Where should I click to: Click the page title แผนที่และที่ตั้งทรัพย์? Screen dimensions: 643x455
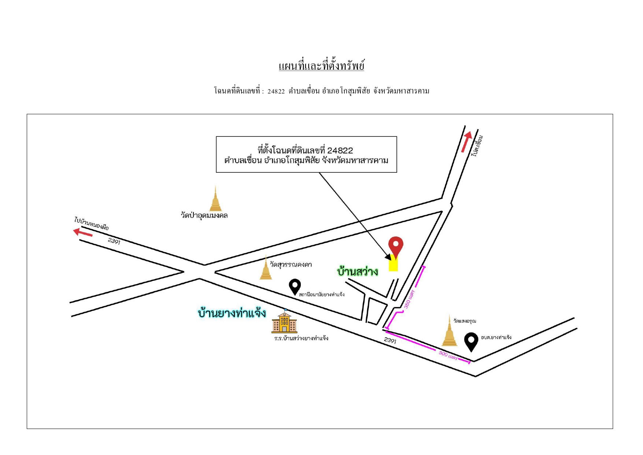point(321,66)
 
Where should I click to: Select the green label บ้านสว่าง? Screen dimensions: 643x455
point(358,272)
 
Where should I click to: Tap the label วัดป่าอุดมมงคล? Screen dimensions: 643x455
point(204,215)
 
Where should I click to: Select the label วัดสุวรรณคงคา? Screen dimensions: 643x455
point(291,264)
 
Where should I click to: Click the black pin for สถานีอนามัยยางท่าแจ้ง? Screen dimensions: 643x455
point(295,287)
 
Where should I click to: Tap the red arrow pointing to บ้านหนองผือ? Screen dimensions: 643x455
point(83,232)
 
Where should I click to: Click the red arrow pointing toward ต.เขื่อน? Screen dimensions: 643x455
point(466,142)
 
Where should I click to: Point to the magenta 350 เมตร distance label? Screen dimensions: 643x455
point(409,299)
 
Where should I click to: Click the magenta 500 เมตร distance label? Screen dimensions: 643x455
point(448,355)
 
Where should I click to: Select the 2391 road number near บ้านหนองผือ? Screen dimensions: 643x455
point(114,241)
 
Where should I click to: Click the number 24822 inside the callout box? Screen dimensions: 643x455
point(340,150)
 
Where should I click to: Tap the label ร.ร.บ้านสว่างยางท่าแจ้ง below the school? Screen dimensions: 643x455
point(301,338)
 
